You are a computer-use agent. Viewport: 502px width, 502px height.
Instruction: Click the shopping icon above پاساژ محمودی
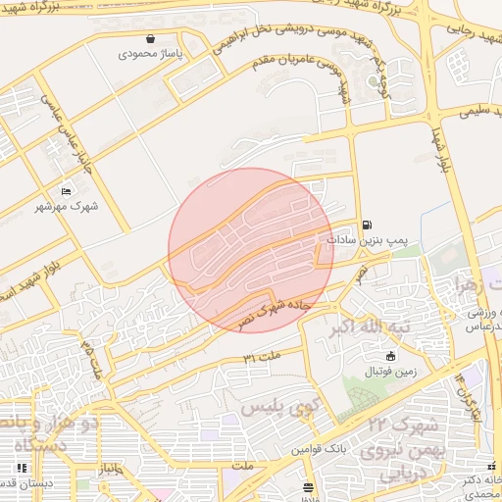coord(150,40)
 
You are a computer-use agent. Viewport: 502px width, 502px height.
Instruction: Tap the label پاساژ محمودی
coord(150,56)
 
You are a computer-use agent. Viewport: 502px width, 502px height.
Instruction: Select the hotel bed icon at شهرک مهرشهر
coord(66,190)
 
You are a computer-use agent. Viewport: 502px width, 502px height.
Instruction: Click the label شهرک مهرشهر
coord(68,206)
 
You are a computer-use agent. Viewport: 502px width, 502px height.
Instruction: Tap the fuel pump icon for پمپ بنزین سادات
coord(368,224)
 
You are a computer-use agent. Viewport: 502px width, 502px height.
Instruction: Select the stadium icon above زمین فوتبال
coord(391,356)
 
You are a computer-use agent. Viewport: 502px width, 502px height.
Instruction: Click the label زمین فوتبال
coord(391,372)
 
